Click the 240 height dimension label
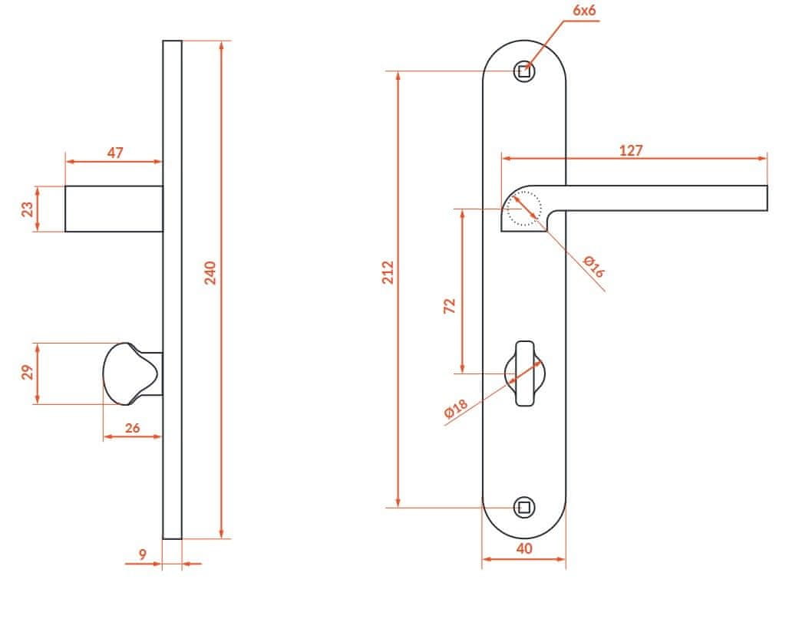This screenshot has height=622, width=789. pyautogui.click(x=210, y=272)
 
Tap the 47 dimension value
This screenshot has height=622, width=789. pyautogui.click(x=115, y=153)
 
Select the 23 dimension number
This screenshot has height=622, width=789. pyautogui.click(x=27, y=209)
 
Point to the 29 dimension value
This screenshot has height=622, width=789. pyautogui.click(x=27, y=372)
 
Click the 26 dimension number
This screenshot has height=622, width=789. pyautogui.click(x=132, y=428)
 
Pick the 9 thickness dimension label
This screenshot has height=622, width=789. pyautogui.click(x=143, y=554)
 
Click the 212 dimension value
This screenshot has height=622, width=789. pyautogui.click(x=388, y=272)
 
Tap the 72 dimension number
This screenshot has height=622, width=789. pyautogui.click(x=449, y=306)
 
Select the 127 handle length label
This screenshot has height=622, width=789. pyautogui.click(x=630, y=150)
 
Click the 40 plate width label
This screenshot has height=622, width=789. pyautogui.click(x=523, y=548)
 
